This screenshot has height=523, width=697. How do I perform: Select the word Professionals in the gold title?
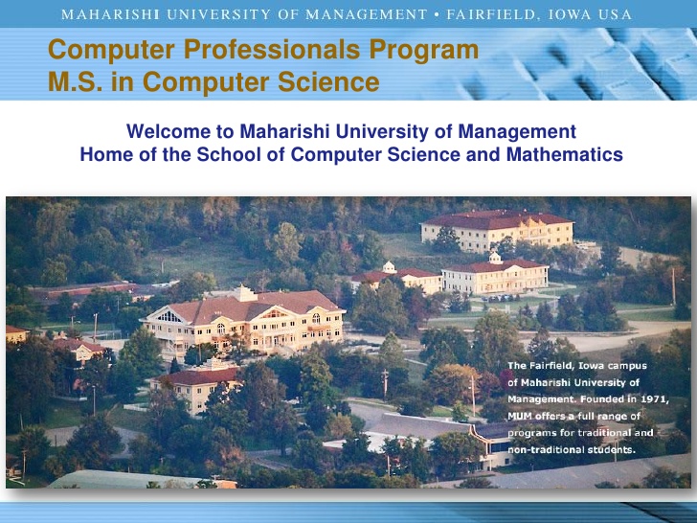[x=272, y=49]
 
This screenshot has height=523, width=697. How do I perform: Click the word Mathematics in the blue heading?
[x=565, y=154]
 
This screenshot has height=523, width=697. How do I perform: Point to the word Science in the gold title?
[x=328, y=81]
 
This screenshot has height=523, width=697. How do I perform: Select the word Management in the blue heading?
[x=517, y=131]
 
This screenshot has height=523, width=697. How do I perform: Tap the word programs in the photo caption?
[x=528, y=433]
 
